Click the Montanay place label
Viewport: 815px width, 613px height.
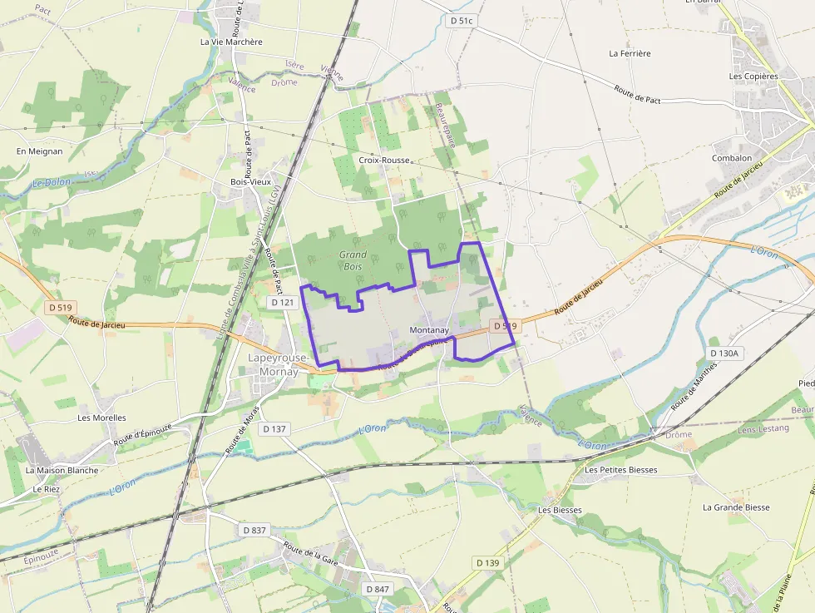point(429,330)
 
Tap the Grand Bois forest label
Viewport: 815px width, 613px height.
point(353,260)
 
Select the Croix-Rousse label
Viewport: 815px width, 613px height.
point(384,159)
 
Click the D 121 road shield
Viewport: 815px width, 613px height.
point(284,303)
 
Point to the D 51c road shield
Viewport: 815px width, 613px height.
point(460,21)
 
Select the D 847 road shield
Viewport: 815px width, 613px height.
point(377,589)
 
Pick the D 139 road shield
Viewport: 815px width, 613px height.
point(488,563)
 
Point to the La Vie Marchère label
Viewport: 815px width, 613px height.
point(231,42)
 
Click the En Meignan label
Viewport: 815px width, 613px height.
point(39,151)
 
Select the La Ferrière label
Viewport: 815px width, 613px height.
point(630,53)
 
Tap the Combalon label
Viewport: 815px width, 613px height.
point(732,158)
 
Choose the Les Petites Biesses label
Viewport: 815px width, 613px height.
point(620,470)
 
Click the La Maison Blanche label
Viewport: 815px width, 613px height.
point(62,470)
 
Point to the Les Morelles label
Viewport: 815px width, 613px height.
point(101,418)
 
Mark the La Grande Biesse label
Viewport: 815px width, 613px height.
point(736,507)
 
